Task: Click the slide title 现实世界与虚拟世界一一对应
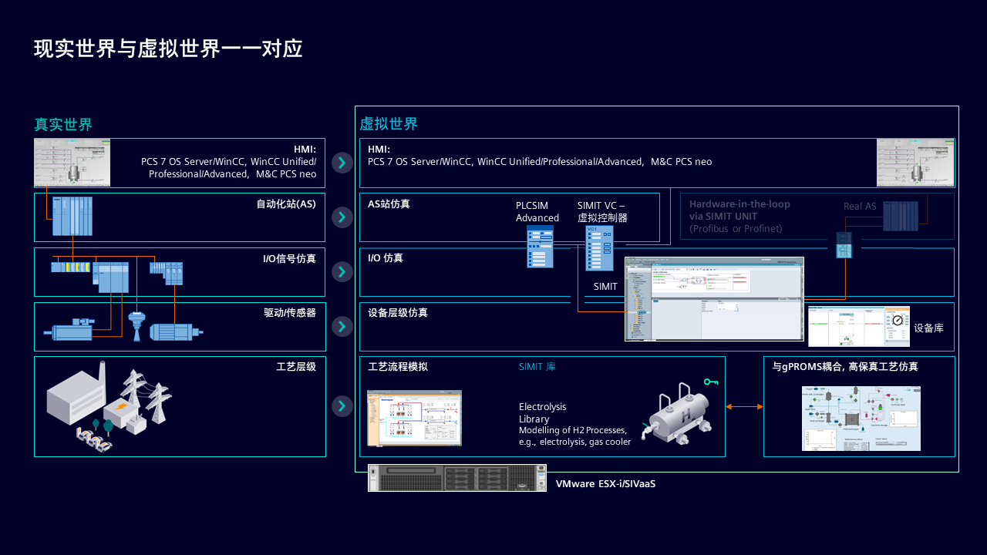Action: tap(168, 49)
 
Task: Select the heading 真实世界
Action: tap(63, 124)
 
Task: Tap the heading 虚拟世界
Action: tap(389, 124)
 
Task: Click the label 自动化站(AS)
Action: tap(286, 204)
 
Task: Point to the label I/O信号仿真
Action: tap(289, 259)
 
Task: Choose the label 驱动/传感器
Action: tap(290, 313)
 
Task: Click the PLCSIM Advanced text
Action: tap(537, 212)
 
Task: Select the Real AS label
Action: tap(860, 207)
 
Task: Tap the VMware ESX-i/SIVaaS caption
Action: tap(605, 484)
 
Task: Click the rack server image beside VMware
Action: tap(456, 478)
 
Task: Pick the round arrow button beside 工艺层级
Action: tap(342, 406)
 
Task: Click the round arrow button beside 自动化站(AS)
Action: tap(342, 217)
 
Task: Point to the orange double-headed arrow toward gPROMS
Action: tap(744, 406)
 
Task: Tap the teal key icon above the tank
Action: tap(711, 382)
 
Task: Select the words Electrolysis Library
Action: tap(542, 413)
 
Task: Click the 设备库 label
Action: tap(928, 328)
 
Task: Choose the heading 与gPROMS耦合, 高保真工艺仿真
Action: tap(845, 367)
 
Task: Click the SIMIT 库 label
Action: tap(537, 367)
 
